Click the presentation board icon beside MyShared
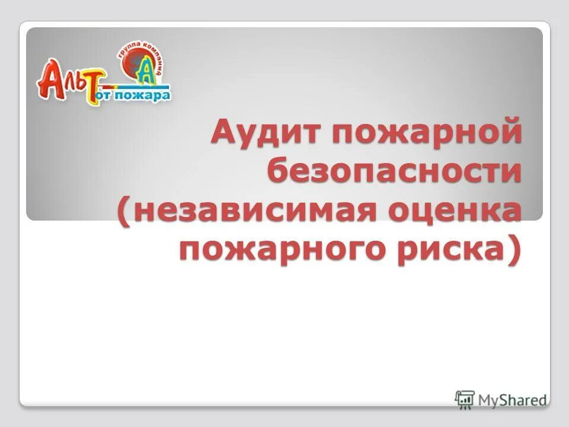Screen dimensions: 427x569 point(465,399)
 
